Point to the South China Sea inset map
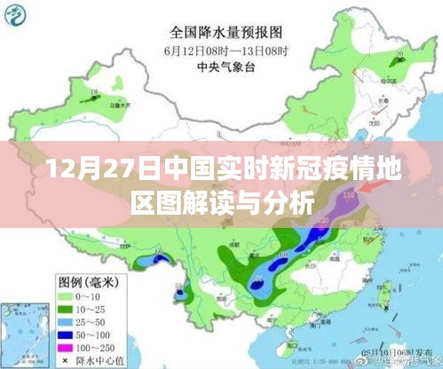[x=21, y=328]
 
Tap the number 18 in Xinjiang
[x=93, y=91]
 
